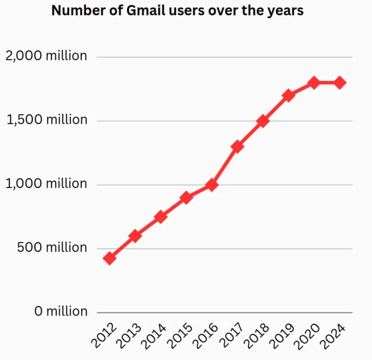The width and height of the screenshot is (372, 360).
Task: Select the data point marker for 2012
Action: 110,258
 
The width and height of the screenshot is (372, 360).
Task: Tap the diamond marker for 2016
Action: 212,185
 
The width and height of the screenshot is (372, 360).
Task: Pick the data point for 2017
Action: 238,146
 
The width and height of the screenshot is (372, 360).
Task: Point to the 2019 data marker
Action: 289,96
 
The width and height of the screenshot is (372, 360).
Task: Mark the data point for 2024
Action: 340,83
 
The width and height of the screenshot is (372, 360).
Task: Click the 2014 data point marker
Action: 161,217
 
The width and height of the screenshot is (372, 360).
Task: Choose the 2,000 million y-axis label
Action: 46,56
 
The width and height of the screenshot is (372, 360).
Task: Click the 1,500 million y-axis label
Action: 47,120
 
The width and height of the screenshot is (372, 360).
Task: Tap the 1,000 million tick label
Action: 46,184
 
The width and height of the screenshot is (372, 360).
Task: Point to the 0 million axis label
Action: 61,311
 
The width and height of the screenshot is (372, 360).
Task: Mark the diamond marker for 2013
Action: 135,236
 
